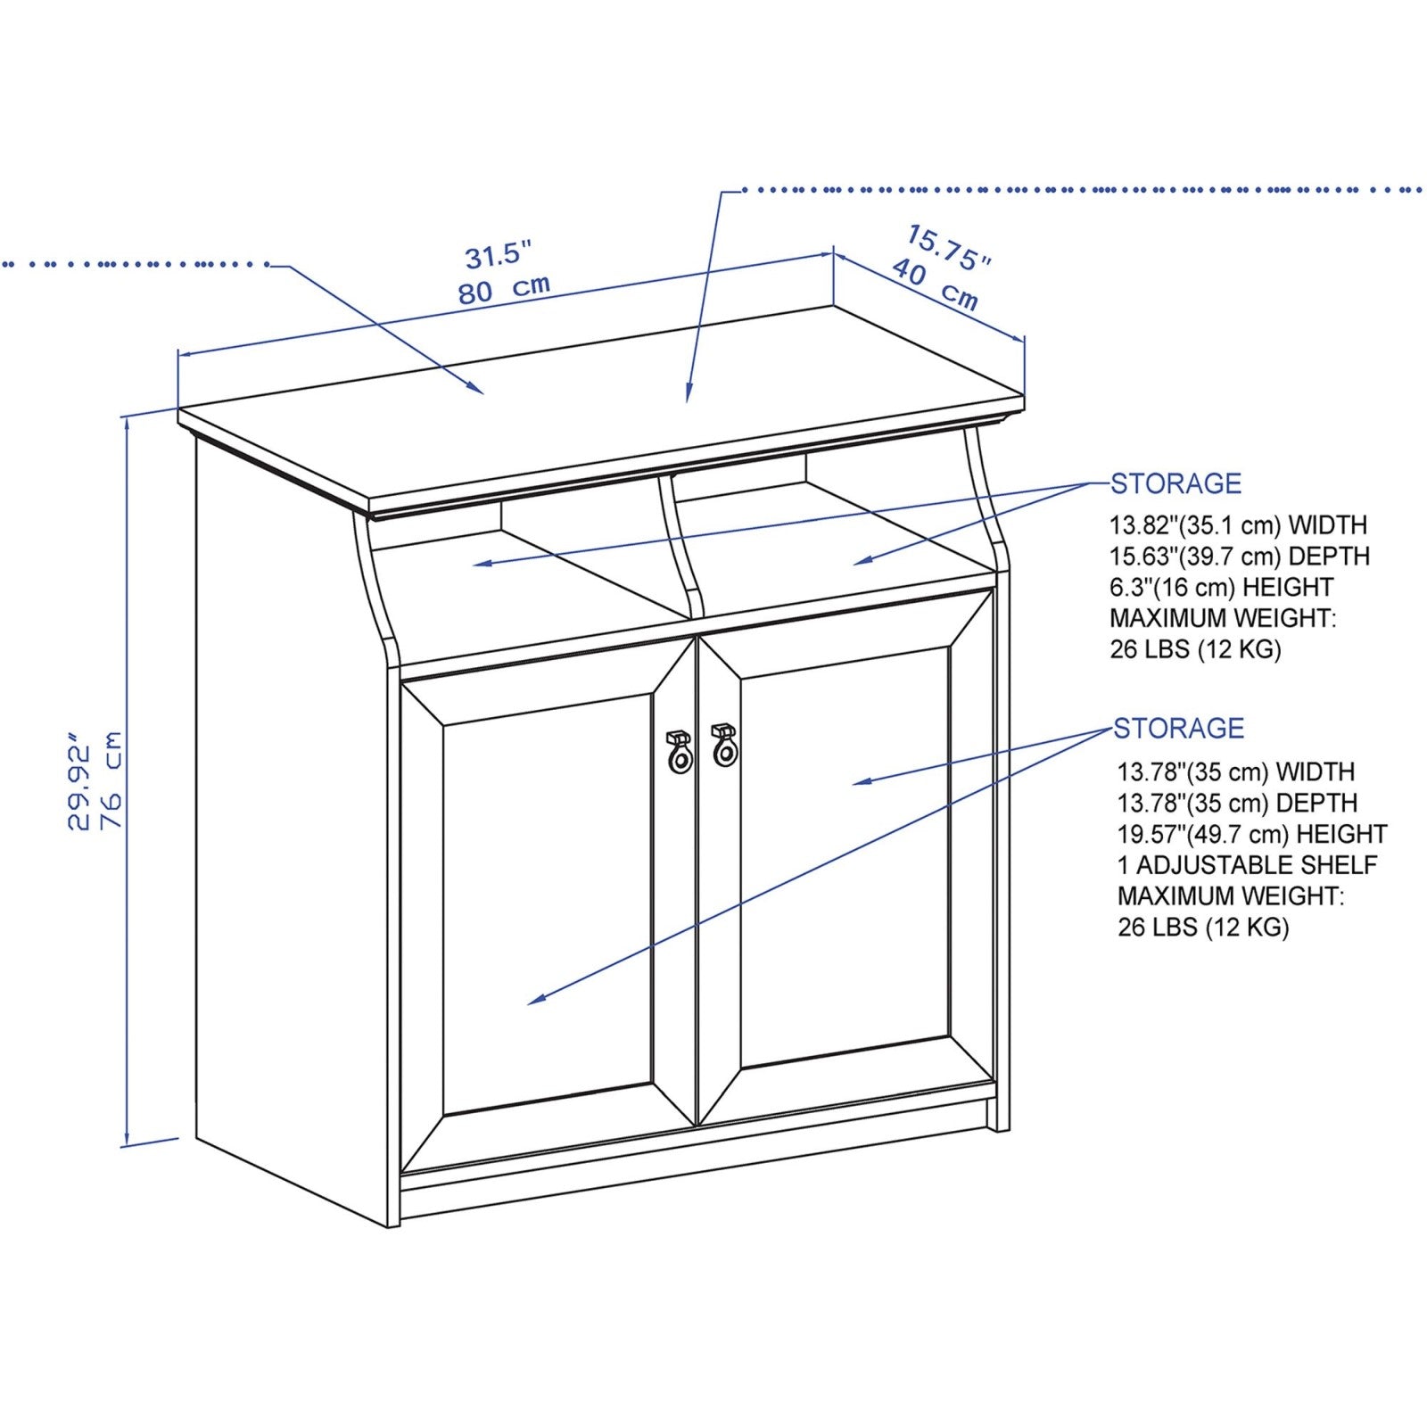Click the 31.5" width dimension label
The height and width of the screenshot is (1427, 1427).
point(498,255)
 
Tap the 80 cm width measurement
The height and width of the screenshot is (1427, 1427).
point(504,289)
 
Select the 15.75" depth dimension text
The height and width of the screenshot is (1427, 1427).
point(949,247)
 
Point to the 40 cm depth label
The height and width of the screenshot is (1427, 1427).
point(935,284)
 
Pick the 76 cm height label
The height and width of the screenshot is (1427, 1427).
point(112,780)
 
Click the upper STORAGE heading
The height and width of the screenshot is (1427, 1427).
point(1175,483)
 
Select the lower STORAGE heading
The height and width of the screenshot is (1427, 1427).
point(1178,728)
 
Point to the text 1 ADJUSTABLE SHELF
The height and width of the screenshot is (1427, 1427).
point(1247,865)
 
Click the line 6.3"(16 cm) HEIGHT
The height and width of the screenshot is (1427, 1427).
point(1221,588)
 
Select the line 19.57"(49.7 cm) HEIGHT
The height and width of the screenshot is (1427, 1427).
point(1251,834)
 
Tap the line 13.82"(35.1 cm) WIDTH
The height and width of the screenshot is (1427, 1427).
point(1238,525)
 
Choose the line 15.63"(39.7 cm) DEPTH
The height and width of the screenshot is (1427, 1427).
point(1239,557)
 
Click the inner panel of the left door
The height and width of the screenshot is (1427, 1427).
point(548,901)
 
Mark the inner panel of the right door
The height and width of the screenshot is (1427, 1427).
point(844,856)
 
